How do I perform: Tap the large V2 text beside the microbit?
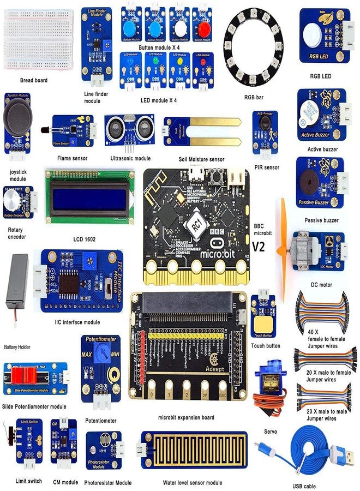click(x=259, y=247)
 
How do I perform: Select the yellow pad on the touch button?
click(x=264, y=325)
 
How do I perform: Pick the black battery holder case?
click(x=16, y=286)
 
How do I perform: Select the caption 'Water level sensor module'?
click(x=193, y=482)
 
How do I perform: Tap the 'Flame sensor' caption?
click(x=72, y=158)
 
